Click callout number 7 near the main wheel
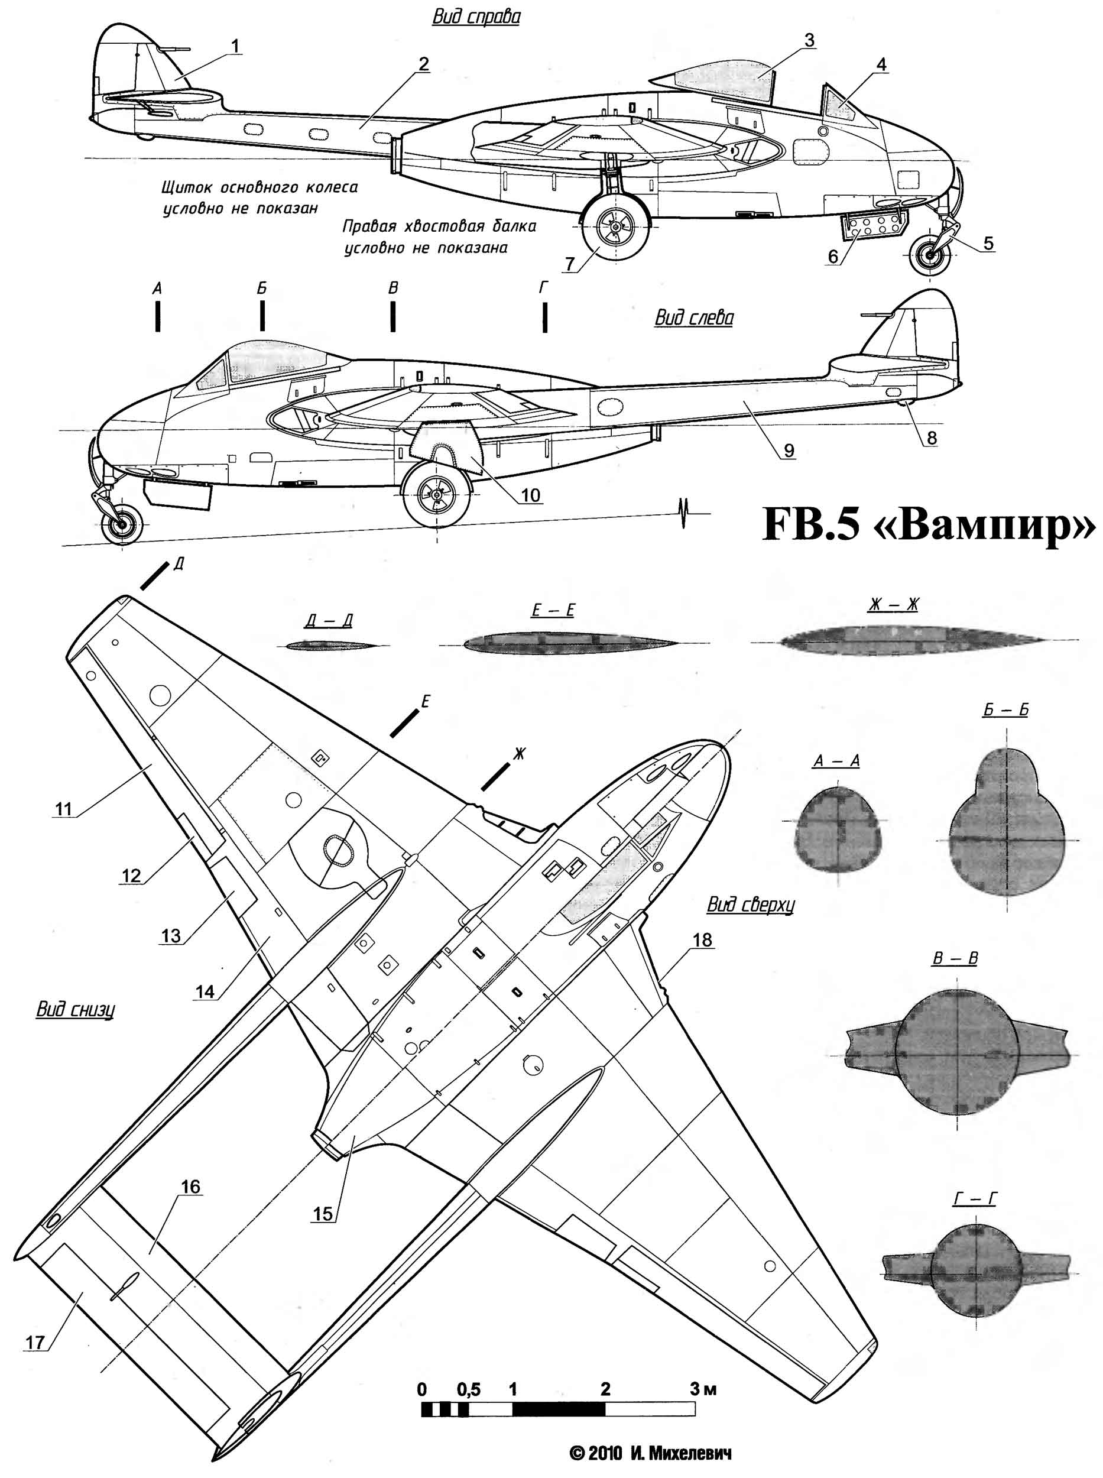pyautogui.click(x=569, y=264)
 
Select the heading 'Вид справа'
pyautogui.click(x=476, y=17)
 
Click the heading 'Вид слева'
pyautogui.click(x=694, y=317)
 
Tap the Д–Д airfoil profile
pyautogui.click(x=330, y=645)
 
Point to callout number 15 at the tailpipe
pyautogui.click(x=323, y=1214)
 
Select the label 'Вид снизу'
pyautogui.click(x=75, y=1009)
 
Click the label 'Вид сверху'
pyautogui.click(x=751, y=905)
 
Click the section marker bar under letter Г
pyautogui.click(x=545, y=316)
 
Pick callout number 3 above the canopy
pyautogui.click(x=809, y=40)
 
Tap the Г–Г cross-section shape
pyautogui.click(x=974, y=1266)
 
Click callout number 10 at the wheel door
pyautogui.click(x=530, y=495)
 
